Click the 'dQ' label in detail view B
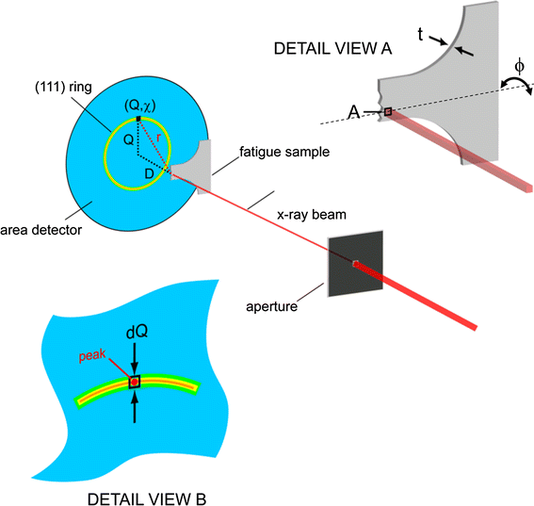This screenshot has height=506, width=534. click(136, 333)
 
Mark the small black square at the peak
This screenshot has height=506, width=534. click(135, 382)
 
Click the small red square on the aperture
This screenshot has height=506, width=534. click(355, 264)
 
